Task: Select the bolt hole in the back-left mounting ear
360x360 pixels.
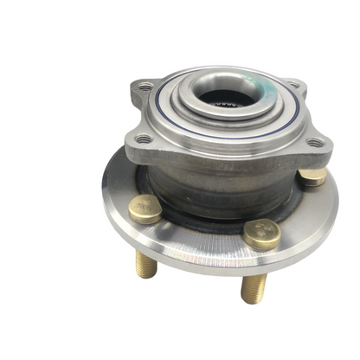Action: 145,87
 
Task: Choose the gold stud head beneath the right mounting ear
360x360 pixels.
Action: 312,177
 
